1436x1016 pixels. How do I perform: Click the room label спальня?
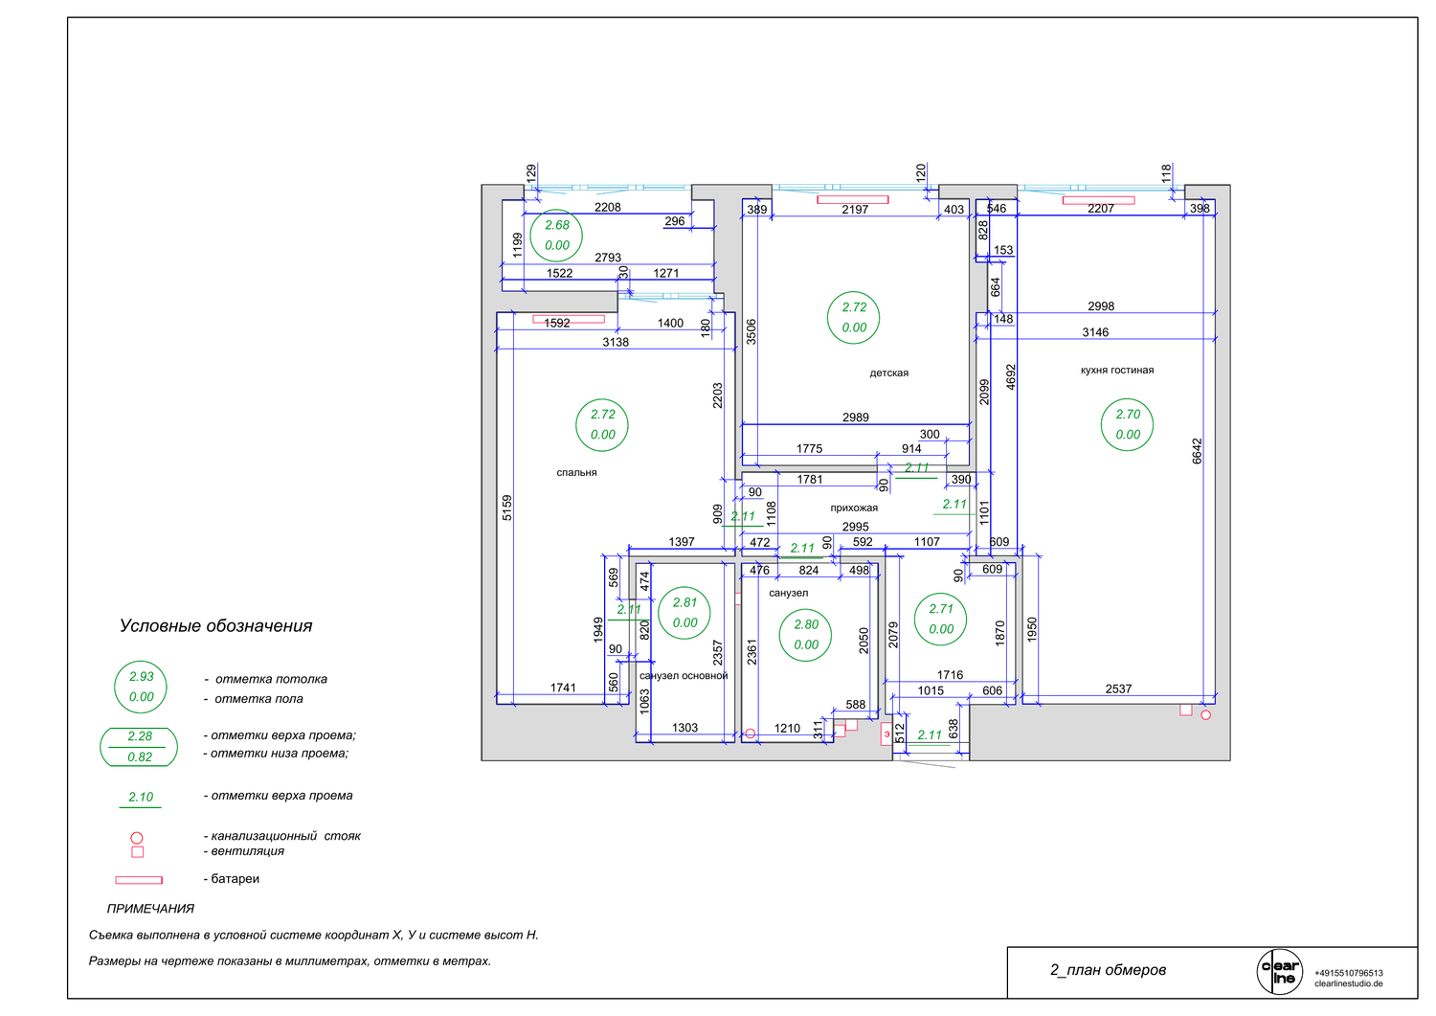point(576,473)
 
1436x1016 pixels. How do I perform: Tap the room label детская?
point(888,373)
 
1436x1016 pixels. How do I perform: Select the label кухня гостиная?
point(1117,370)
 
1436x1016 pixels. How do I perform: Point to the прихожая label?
point(854,508)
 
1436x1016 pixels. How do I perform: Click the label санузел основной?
point(684,675)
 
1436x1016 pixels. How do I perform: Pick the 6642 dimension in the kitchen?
point(1197,451)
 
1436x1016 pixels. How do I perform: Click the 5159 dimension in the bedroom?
point(507,508)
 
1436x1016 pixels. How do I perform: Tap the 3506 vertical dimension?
point(751,331)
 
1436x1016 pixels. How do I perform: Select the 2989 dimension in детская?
point(855,418)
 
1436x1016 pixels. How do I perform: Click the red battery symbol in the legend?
point(139,880)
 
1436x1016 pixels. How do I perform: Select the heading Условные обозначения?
point(215,626)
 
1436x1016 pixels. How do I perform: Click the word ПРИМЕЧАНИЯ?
point(150,909)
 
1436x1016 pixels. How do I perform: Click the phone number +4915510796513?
point(1348,973)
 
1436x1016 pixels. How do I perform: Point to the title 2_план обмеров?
point(1107,970)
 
